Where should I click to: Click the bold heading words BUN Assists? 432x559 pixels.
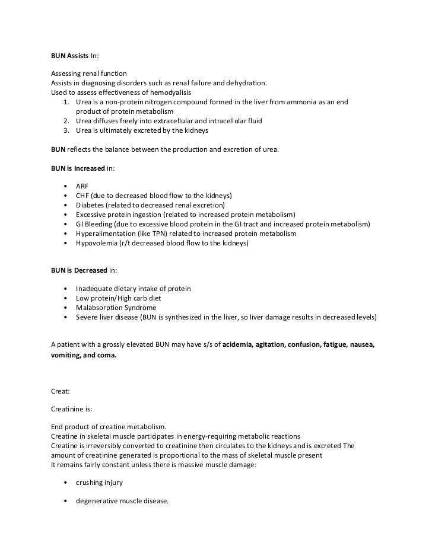[x=69, y=56]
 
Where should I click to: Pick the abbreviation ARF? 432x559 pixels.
[x=82, y=186]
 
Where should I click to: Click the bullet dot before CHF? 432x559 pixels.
[x=65, y=195]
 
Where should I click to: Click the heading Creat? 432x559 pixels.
[x=60, y=389]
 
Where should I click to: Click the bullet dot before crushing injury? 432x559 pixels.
[x=65, y=483]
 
